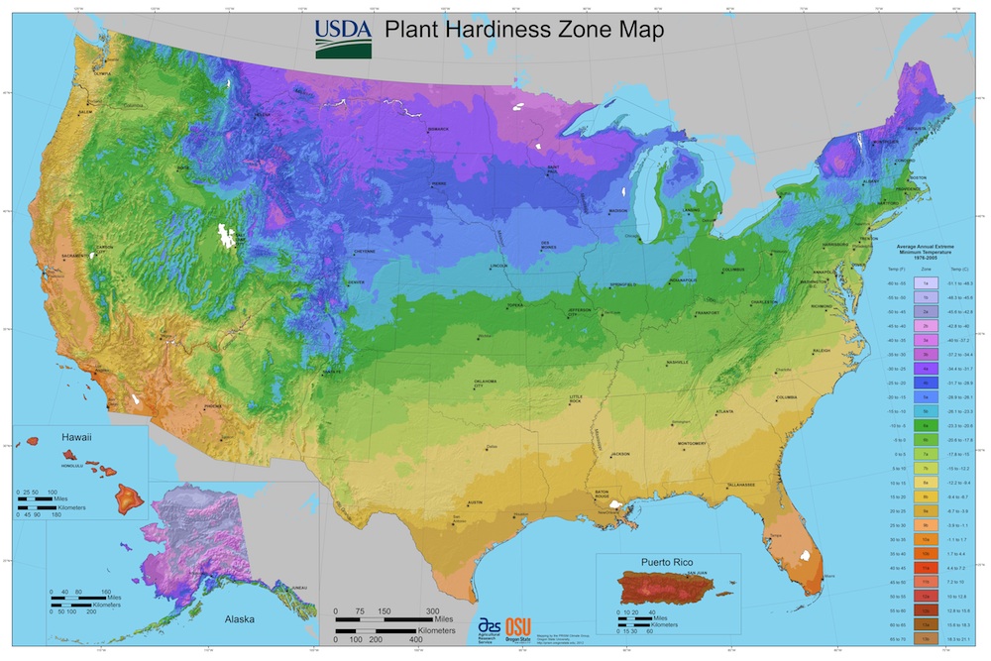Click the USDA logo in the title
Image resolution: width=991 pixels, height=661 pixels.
click(x=344, y=37)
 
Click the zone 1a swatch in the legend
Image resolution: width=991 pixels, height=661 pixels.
click(x=924, y=283)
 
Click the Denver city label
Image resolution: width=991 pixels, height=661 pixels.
click(x=357, y=282)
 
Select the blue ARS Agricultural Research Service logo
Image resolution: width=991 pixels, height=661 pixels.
click(x=489, y=627)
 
